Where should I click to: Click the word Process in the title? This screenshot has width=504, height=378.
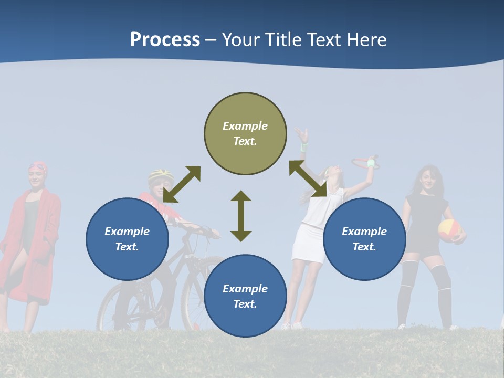(x=165, y=40)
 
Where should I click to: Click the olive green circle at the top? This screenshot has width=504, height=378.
(x=245, y=134)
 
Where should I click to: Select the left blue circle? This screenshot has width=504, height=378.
(x=127, y=239)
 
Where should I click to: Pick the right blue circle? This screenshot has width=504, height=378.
(x=364, y=239)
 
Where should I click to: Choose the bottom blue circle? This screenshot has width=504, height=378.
(x=245, y=296)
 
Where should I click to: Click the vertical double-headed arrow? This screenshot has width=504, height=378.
(x=241, y=216)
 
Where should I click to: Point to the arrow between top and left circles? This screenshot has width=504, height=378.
(x=182, y=184)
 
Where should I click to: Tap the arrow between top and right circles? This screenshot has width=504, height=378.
(x=308, y=179)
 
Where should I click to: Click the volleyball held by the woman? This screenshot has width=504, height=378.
(x=449, y=230)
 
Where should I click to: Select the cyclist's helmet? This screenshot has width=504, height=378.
(x=161, y=174)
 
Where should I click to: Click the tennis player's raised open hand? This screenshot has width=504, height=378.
(x=301, y=135)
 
